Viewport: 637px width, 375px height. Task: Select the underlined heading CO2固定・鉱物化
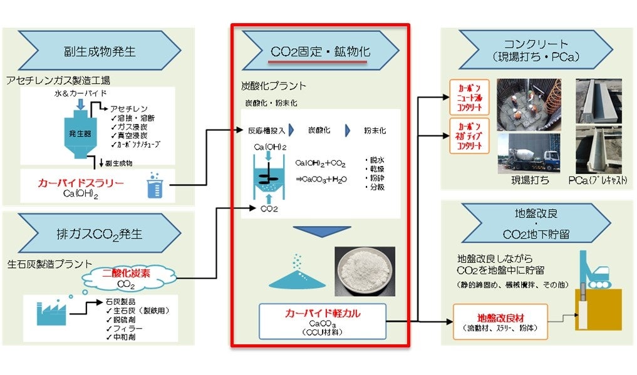[320, 51]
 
